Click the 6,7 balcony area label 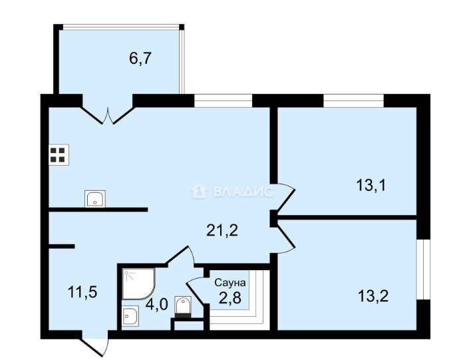(140, 59)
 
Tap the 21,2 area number (222, 230)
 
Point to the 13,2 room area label (373, 296)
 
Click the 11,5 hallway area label (82, 292)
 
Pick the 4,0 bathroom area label (156, 304)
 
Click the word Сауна (230, 283)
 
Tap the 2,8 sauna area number (229, 298)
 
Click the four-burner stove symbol (59, 154)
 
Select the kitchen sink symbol (95, 198)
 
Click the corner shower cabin (138, 284)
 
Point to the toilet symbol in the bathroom (183, 307)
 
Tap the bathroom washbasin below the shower (130, 315)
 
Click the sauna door (196, 291)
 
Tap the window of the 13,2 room (423, 270)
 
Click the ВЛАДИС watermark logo (232, 192)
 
